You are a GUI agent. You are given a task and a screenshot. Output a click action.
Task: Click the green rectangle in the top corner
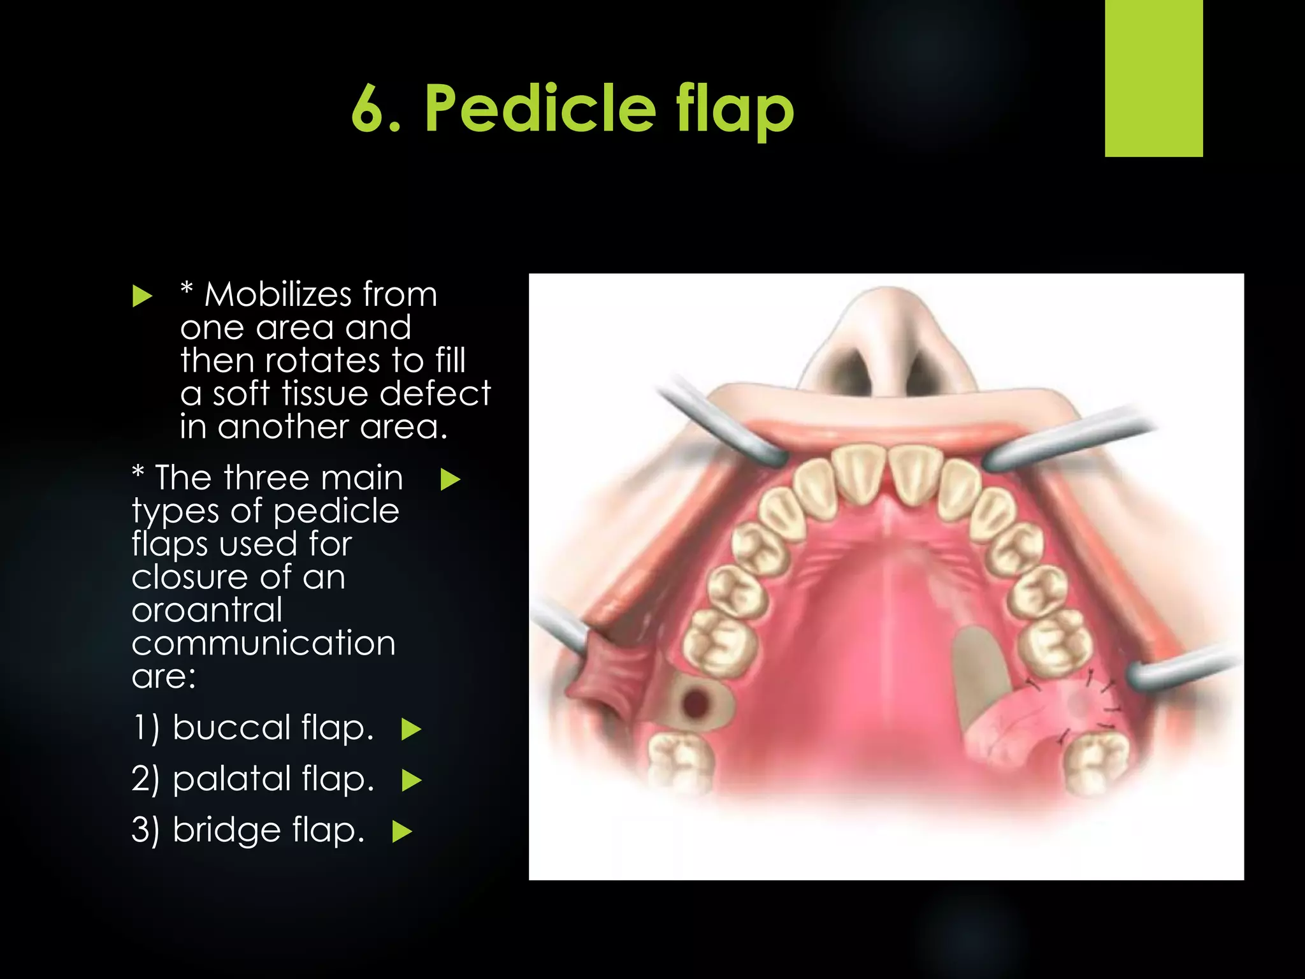pos(1153,78)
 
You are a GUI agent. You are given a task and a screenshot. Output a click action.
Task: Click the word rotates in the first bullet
pos(323,360)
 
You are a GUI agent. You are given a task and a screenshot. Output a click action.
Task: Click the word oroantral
pos(207,610)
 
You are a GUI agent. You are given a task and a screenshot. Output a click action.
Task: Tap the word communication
pos(263,642)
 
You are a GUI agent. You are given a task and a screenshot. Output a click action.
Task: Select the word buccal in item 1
pos(231,727)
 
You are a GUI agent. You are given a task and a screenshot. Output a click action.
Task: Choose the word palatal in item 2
pos(231,778)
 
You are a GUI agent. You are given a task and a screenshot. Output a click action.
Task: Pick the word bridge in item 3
pos(226,830)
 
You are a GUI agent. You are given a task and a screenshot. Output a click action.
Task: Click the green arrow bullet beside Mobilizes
pos(142,296)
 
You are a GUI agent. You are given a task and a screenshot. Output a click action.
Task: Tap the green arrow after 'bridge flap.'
pos(402,832)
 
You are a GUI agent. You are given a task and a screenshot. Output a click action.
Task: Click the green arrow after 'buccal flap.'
pos(411,729)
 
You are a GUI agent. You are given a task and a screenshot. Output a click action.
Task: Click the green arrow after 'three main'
pos(450,479)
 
